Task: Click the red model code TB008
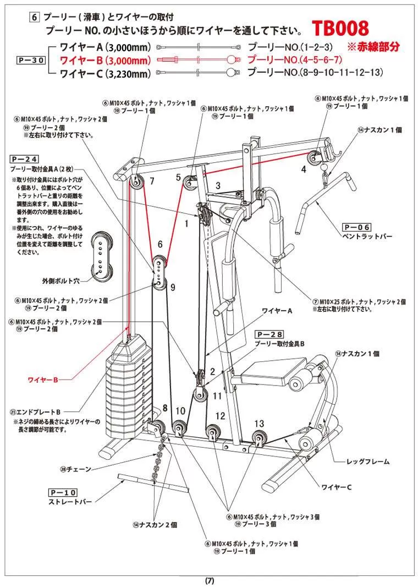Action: (x=340, y=29)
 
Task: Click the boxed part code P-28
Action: (x=269, y=334)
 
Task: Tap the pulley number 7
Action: (x=152, y=180)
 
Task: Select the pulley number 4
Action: (x=303, y=169)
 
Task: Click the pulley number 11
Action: (x=217, y=395)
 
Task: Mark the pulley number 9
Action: (x=172, y=287)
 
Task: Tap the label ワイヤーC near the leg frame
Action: (x=336, y=487)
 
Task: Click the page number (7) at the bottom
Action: (x=210, y=580)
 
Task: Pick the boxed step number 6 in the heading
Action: (x=34, y=17)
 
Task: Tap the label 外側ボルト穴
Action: (x=61, y=280)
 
